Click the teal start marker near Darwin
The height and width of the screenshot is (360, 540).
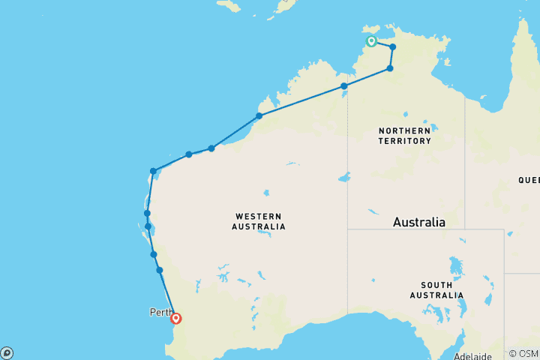pyautogui.click(x=371, y=41)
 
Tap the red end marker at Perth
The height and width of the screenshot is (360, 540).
pyautogui.click(x=176, y=318)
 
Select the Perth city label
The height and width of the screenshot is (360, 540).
pyautogui.click(x=160, y=312)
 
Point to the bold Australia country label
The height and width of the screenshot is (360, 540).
pyautogui.click(x=419, y=223)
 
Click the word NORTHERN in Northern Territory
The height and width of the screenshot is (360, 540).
pyautogui.click(x=404, y=130)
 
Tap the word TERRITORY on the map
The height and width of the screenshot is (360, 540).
pyautogui.click(x=404, y=140)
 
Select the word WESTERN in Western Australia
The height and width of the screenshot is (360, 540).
pyautogui.click(x=258, y=216)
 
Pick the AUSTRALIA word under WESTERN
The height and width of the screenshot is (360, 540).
pyautogui.click(x=258, y=226)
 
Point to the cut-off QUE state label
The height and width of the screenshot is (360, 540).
pyautogui.click(x=528, y=180)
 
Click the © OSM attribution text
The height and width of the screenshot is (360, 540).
pyautogui.click(x=523, y=354)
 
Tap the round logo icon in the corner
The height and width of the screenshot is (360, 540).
pyautogui.click(x=7, y=353)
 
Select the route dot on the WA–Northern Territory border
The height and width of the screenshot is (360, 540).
pyautogui.click(x=344, y=86)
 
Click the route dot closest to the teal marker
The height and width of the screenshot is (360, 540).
pyautogui.click(x=392, y=47)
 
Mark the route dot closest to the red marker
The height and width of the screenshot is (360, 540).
pyautogui.click(x=160, y=270)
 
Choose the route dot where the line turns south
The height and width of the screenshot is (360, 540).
pyautogui.click(x=153, y=171)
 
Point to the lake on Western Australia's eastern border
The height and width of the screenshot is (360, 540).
pyautogui.click(x=343, y=178)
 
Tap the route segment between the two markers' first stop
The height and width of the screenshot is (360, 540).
pyautogui.click(x=382, y=44)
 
